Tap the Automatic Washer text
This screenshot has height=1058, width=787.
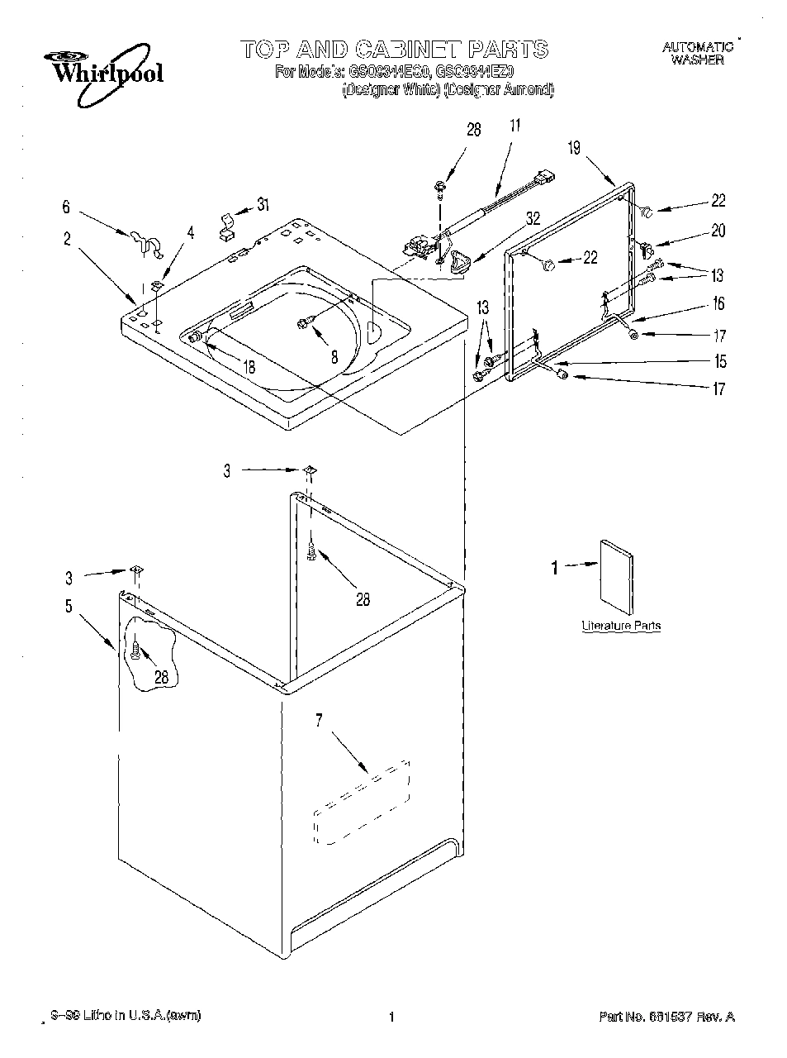[x=698, y=54]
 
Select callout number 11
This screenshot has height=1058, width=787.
[x=514, y=126]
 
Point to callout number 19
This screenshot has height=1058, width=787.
[x=574, y=148]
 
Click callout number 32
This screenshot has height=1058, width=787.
[x=533, y=218]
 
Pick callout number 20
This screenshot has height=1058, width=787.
[x=718, y=231]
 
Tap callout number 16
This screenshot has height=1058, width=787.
[x=718, y=303]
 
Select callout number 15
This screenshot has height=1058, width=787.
[x=720, y=361]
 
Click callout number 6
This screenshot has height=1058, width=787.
[x=67, y=208]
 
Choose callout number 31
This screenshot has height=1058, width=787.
[x=262, y=205]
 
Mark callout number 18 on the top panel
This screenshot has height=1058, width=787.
[x=248, y=368]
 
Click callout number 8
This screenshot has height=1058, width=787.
[x=334, y=357]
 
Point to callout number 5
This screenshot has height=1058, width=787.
[x=69, y=606]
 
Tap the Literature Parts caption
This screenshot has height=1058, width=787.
[x=621, y=626]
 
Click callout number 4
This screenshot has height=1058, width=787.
[x=191, y=233]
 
